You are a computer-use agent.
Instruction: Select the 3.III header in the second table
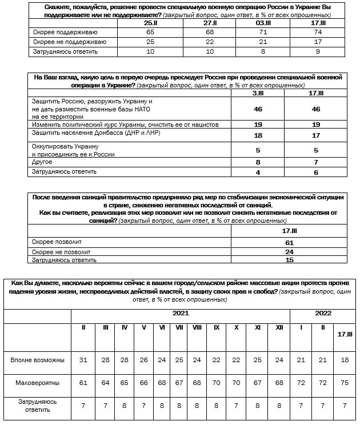coord(258,93)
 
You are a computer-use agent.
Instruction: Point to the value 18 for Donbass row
coord(258,135)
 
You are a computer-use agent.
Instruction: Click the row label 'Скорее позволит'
coord(53,242)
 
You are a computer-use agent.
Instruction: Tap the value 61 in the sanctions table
coord(289,242)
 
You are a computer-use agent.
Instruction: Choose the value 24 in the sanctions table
coord(289,251)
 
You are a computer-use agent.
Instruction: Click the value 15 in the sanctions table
coord(289,260)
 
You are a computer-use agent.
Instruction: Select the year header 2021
coord(181,313)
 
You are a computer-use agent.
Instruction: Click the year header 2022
coord(323,313)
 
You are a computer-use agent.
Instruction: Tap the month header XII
coord(279,327)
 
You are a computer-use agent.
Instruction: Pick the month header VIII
coord(197,327)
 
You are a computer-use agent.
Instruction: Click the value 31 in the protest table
coord(84,359)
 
